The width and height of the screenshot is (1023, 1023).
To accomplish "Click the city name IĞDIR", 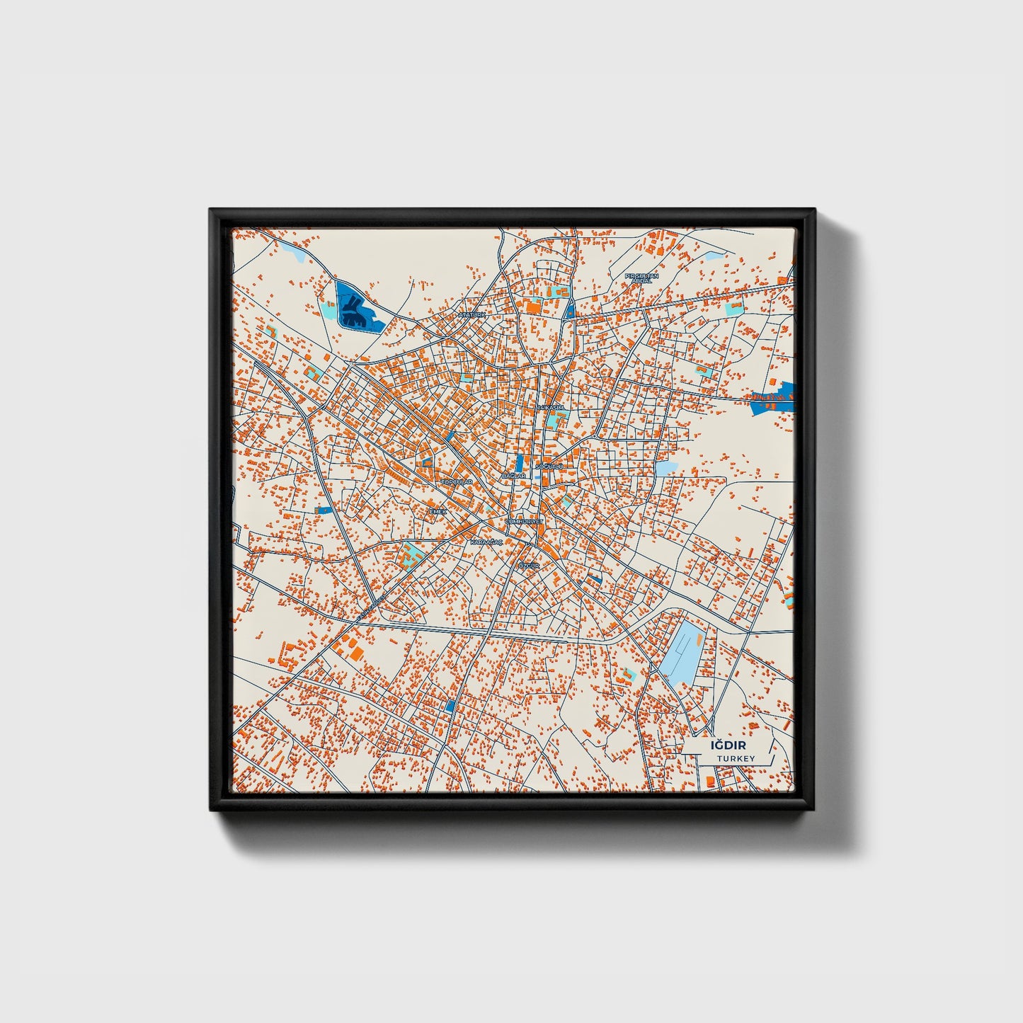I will (x=728, y=745).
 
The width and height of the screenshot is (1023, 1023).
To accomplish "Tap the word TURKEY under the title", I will (x=735, y=759).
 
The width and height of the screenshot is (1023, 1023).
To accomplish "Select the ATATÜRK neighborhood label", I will (x=473, y=314).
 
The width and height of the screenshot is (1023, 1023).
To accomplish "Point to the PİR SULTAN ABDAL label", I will (x=641, y=278).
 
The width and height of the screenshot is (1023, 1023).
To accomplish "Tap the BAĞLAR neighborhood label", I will (x=513, y=476).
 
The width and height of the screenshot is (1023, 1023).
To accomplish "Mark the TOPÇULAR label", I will (x=456, y=481).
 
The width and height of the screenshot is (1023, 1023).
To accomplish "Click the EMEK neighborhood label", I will (x=438, y=510).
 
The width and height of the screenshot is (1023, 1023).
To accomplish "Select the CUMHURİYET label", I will (x=524, y=521).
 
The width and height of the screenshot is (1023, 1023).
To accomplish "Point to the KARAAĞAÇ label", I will (x=486, y=542).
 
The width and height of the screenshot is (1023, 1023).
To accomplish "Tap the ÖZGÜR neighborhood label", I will (x=528, y=566).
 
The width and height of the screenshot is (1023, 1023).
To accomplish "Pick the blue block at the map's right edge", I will (x=775, y=400).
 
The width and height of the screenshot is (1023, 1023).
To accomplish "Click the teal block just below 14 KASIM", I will (x=552, y=422).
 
